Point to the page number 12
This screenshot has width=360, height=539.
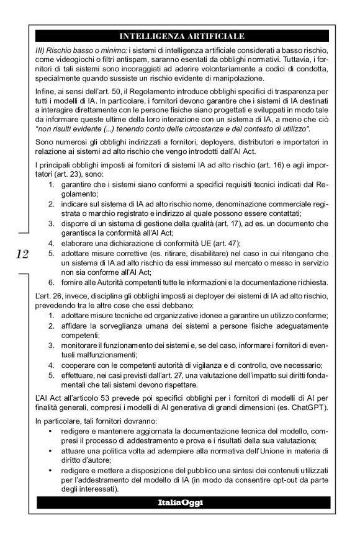[22, 253]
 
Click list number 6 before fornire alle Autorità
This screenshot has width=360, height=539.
[51, 282]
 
